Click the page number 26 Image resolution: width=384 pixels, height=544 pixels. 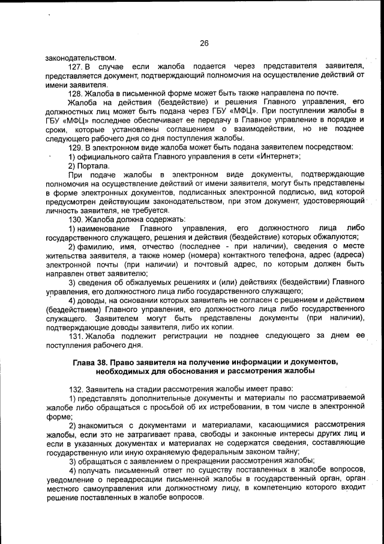coord(203,43)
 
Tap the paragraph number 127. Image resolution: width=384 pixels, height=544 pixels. coord(76,66)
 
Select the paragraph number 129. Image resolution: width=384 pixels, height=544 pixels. coord(76,147)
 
